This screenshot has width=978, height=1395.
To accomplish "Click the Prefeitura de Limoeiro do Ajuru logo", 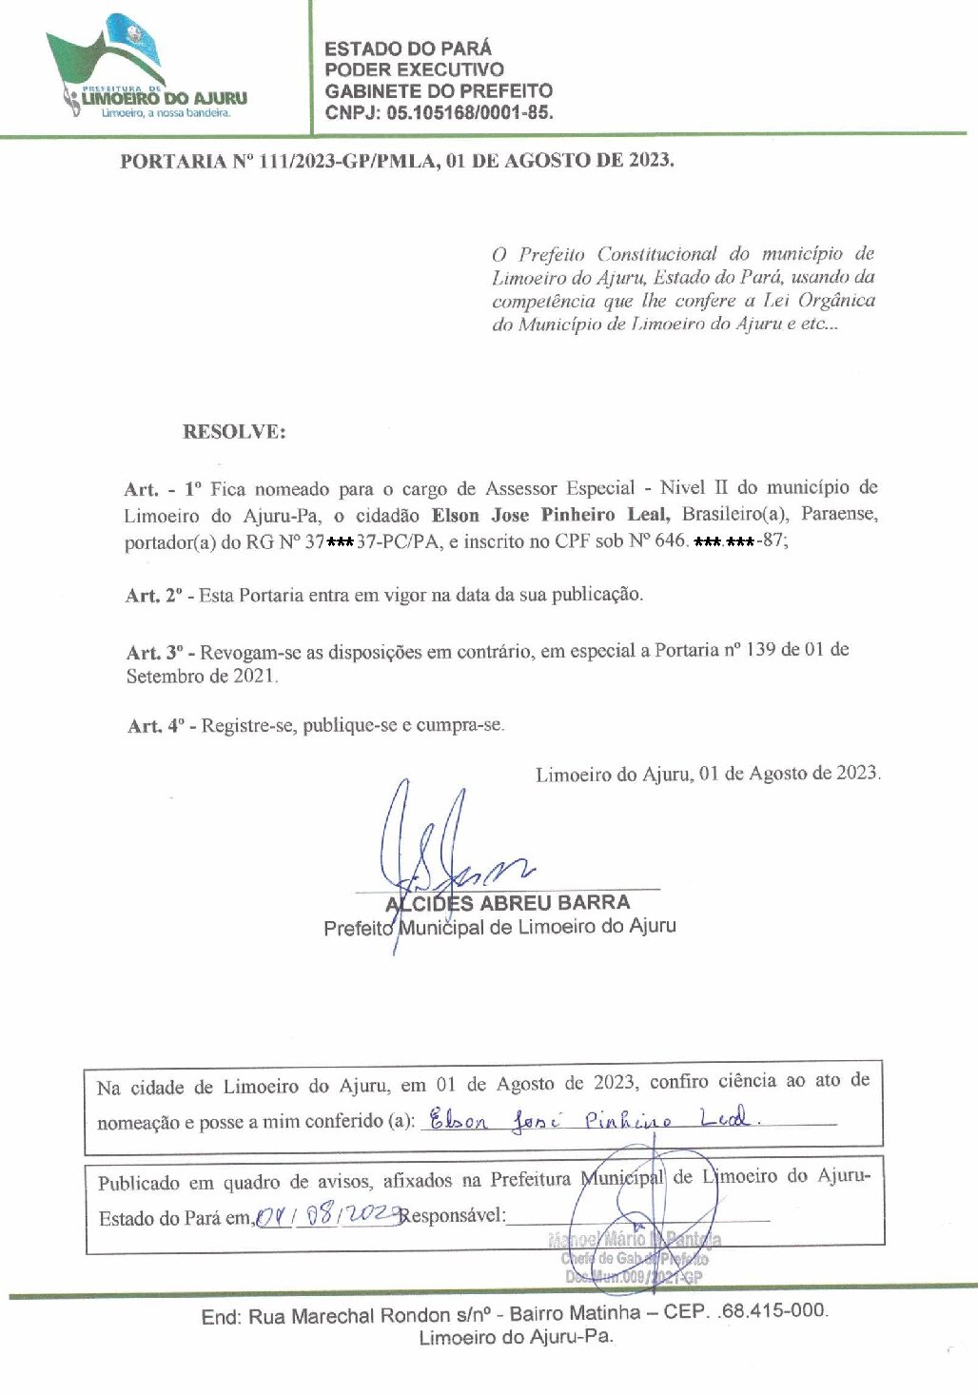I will [x=147, y=69].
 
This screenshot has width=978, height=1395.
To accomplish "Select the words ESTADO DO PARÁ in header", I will [x=408, y=49].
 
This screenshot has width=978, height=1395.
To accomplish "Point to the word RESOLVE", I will [x=234, y=432].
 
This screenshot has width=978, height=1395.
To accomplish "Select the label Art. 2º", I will [x=157, y=596].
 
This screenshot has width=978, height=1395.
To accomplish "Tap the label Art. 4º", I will [x=159, y=726].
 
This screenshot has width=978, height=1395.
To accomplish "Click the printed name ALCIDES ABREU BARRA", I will [x=507, y=902].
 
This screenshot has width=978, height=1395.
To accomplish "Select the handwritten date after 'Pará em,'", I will [x=326, y=1215].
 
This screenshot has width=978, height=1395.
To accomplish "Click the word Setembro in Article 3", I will [x=165, y=677].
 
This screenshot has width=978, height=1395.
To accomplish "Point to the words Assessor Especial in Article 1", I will [x=559, y=489].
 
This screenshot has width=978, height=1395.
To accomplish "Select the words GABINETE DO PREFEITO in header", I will [x=439, y=91].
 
